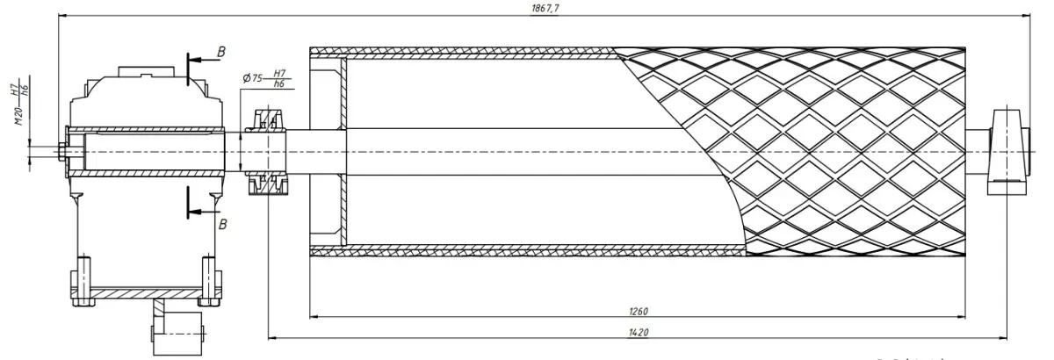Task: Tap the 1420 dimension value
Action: [638, 332]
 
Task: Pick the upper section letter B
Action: [221, 53]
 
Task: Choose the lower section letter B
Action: [222, 225]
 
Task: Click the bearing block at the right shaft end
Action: [1007, 151]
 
